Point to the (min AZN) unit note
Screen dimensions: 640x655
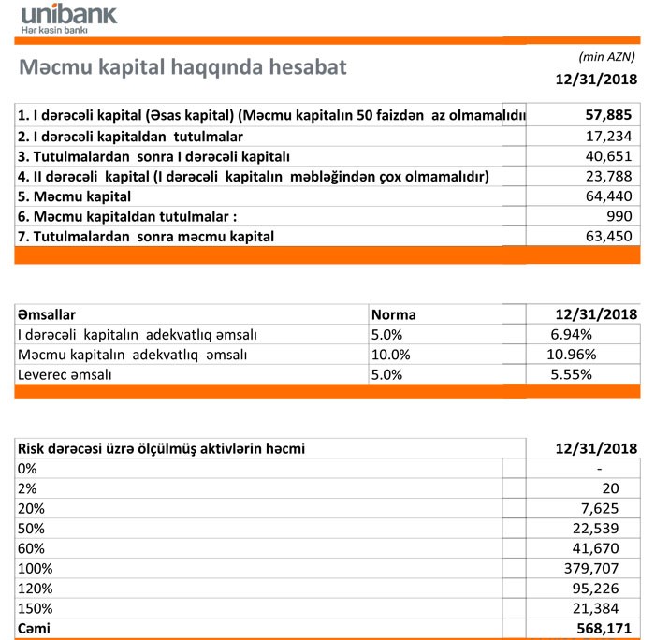(608, 56)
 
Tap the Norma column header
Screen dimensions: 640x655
(394, 314)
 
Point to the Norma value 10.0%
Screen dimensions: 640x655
(391, 355)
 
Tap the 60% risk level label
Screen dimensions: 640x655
(32, 547)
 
